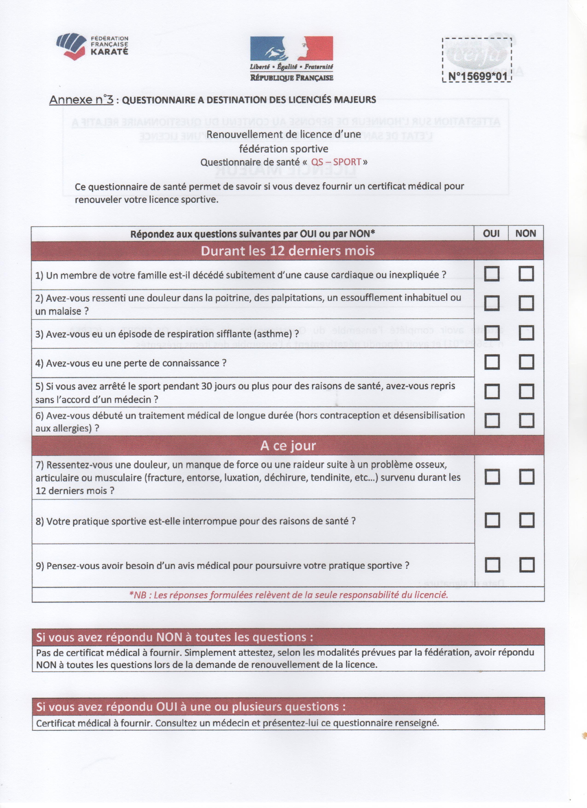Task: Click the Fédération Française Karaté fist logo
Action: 71,46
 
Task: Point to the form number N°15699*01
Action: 477,76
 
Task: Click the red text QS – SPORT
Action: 336,162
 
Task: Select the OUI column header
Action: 491,234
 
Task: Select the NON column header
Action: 526,234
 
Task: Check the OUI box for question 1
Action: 491,274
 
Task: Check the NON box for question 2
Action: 526,303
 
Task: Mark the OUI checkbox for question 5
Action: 491,392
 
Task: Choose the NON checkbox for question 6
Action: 526,420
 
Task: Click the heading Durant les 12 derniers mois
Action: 288,251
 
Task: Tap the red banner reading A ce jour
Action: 288,445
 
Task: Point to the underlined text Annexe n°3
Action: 81,100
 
